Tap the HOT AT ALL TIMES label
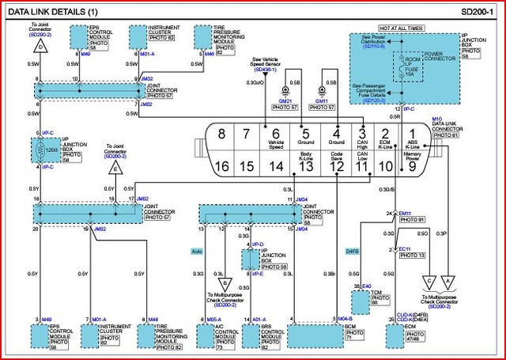click(400, 28)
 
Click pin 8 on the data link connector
click(222, 134)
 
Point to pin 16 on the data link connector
click(222, 165)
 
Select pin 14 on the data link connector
click(275, 165)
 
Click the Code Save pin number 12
click(336, 165)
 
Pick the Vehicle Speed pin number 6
click(275, 134)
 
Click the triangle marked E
click(116, 168)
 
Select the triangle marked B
click(224, 282)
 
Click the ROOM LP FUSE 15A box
click(411, 64)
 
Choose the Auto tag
click(197, 251)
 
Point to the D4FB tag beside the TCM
click(353, 251)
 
